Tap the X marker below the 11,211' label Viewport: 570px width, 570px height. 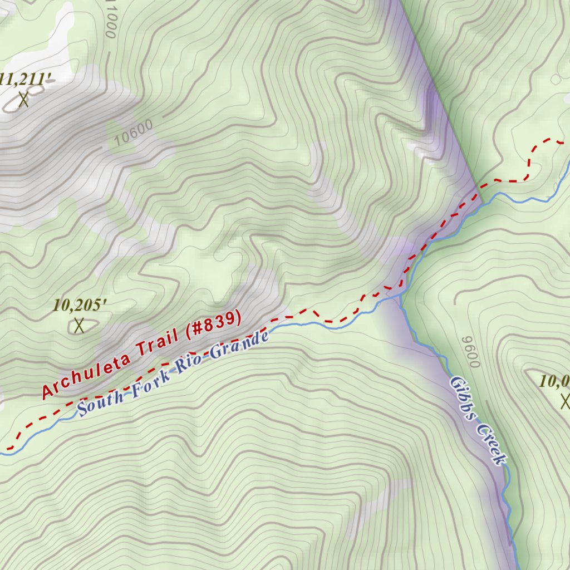coord(23,100)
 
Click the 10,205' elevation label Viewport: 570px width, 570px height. coord(80,305)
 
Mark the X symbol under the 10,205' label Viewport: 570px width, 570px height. coord(79,325)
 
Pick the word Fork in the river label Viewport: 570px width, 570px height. coord(150,381)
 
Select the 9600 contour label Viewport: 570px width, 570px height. coord(471,352)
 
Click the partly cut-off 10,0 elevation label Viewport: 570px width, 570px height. coord(554,381)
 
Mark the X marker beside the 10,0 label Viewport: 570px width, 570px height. coord(566,401)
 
